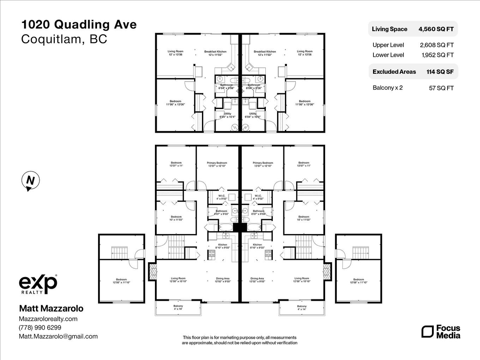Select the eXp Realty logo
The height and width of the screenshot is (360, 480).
(38, 284)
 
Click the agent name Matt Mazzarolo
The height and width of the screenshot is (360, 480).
(51, 308)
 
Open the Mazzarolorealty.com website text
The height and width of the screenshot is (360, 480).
(48, 319)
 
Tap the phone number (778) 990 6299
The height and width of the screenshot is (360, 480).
(40, 328)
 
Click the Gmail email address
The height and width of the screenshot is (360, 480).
(58, 336)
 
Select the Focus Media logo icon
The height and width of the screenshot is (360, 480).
(427, 332)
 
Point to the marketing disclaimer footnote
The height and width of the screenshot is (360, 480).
(240, 340)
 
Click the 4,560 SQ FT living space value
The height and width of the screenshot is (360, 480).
(436, 29)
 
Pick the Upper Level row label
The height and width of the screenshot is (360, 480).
(388, 45)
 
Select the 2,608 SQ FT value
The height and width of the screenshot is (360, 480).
(437, 45)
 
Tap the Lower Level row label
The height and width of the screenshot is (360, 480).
(388, 55)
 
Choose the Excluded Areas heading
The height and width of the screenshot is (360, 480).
(394, 72)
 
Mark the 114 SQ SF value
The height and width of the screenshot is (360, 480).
(440, 72)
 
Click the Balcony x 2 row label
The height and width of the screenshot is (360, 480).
(388, 88)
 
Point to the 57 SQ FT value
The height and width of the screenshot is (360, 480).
(441, 88)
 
